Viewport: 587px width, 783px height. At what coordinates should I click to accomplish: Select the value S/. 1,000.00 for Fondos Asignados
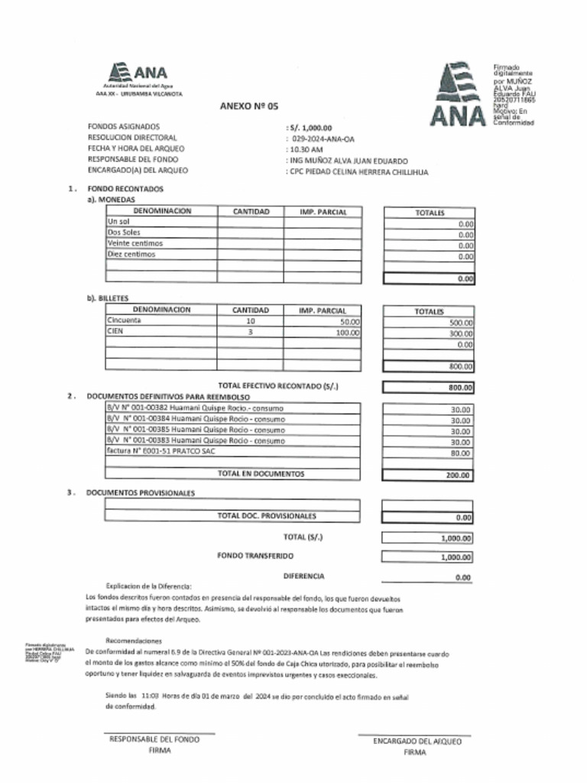point(310,128)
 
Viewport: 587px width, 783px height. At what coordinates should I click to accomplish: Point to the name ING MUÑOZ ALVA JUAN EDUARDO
point(348,161)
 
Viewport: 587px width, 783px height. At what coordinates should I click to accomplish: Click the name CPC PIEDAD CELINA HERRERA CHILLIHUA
point(358,173)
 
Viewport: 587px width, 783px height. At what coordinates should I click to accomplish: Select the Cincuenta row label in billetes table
point(124,321)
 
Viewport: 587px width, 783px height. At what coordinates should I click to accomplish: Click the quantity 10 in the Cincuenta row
point(251,322)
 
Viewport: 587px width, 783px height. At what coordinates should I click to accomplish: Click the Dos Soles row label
point(125,232)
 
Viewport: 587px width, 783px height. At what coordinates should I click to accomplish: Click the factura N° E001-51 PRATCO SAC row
point(162,451)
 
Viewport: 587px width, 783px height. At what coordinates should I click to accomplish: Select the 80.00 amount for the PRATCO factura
point(460,453)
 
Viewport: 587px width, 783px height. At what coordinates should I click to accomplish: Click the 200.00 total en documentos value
point(459,475)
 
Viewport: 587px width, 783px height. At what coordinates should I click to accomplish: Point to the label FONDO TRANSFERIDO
point(255,556)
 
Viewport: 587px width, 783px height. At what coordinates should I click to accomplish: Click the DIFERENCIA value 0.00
point(462,578)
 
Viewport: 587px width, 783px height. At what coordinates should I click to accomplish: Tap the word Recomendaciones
point(134,640)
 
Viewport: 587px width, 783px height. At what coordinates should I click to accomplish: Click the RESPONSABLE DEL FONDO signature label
point(154,739)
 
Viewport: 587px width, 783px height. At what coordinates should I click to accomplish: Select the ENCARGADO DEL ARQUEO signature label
point(413,742)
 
